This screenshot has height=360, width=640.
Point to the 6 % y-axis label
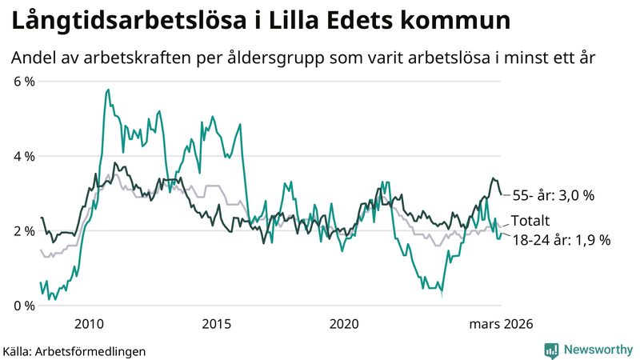[24, 82]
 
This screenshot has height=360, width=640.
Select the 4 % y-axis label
[24, 156]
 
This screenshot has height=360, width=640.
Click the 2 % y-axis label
[24, 231]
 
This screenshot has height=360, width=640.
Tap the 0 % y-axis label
[24, 306]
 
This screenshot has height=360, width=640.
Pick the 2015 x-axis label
[216, 324]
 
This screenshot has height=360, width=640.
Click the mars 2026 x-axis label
[500, 324]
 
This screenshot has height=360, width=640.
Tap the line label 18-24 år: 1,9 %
[561, 239]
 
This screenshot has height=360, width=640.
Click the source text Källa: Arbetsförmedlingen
[74, 350]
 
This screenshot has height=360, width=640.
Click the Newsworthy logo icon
[551, 350]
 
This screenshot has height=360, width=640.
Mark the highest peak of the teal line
[108, 90]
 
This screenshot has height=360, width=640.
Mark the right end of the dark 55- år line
[502, 194]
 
